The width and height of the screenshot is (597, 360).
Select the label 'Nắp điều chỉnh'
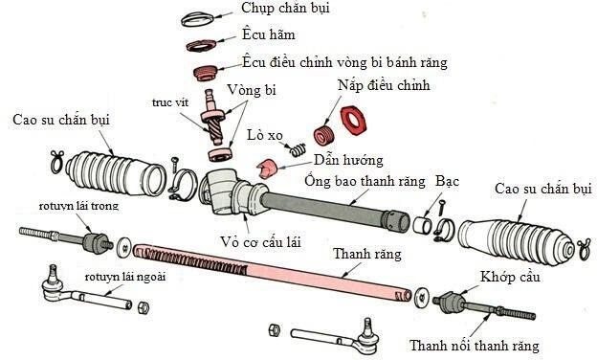(384, 86)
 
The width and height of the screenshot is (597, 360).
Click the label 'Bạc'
(447, 180)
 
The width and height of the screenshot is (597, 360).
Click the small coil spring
(298, 148)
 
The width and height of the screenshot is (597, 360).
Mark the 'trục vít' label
(166, 101)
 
